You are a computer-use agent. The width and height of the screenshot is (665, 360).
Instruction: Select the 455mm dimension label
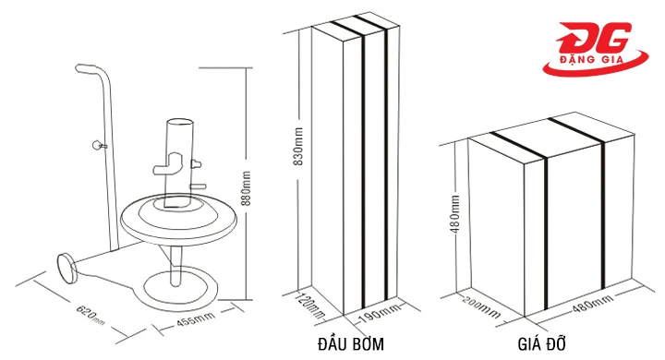[x=196, y=322]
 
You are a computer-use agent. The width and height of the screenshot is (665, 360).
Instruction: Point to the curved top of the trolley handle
[x=91, y=69]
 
